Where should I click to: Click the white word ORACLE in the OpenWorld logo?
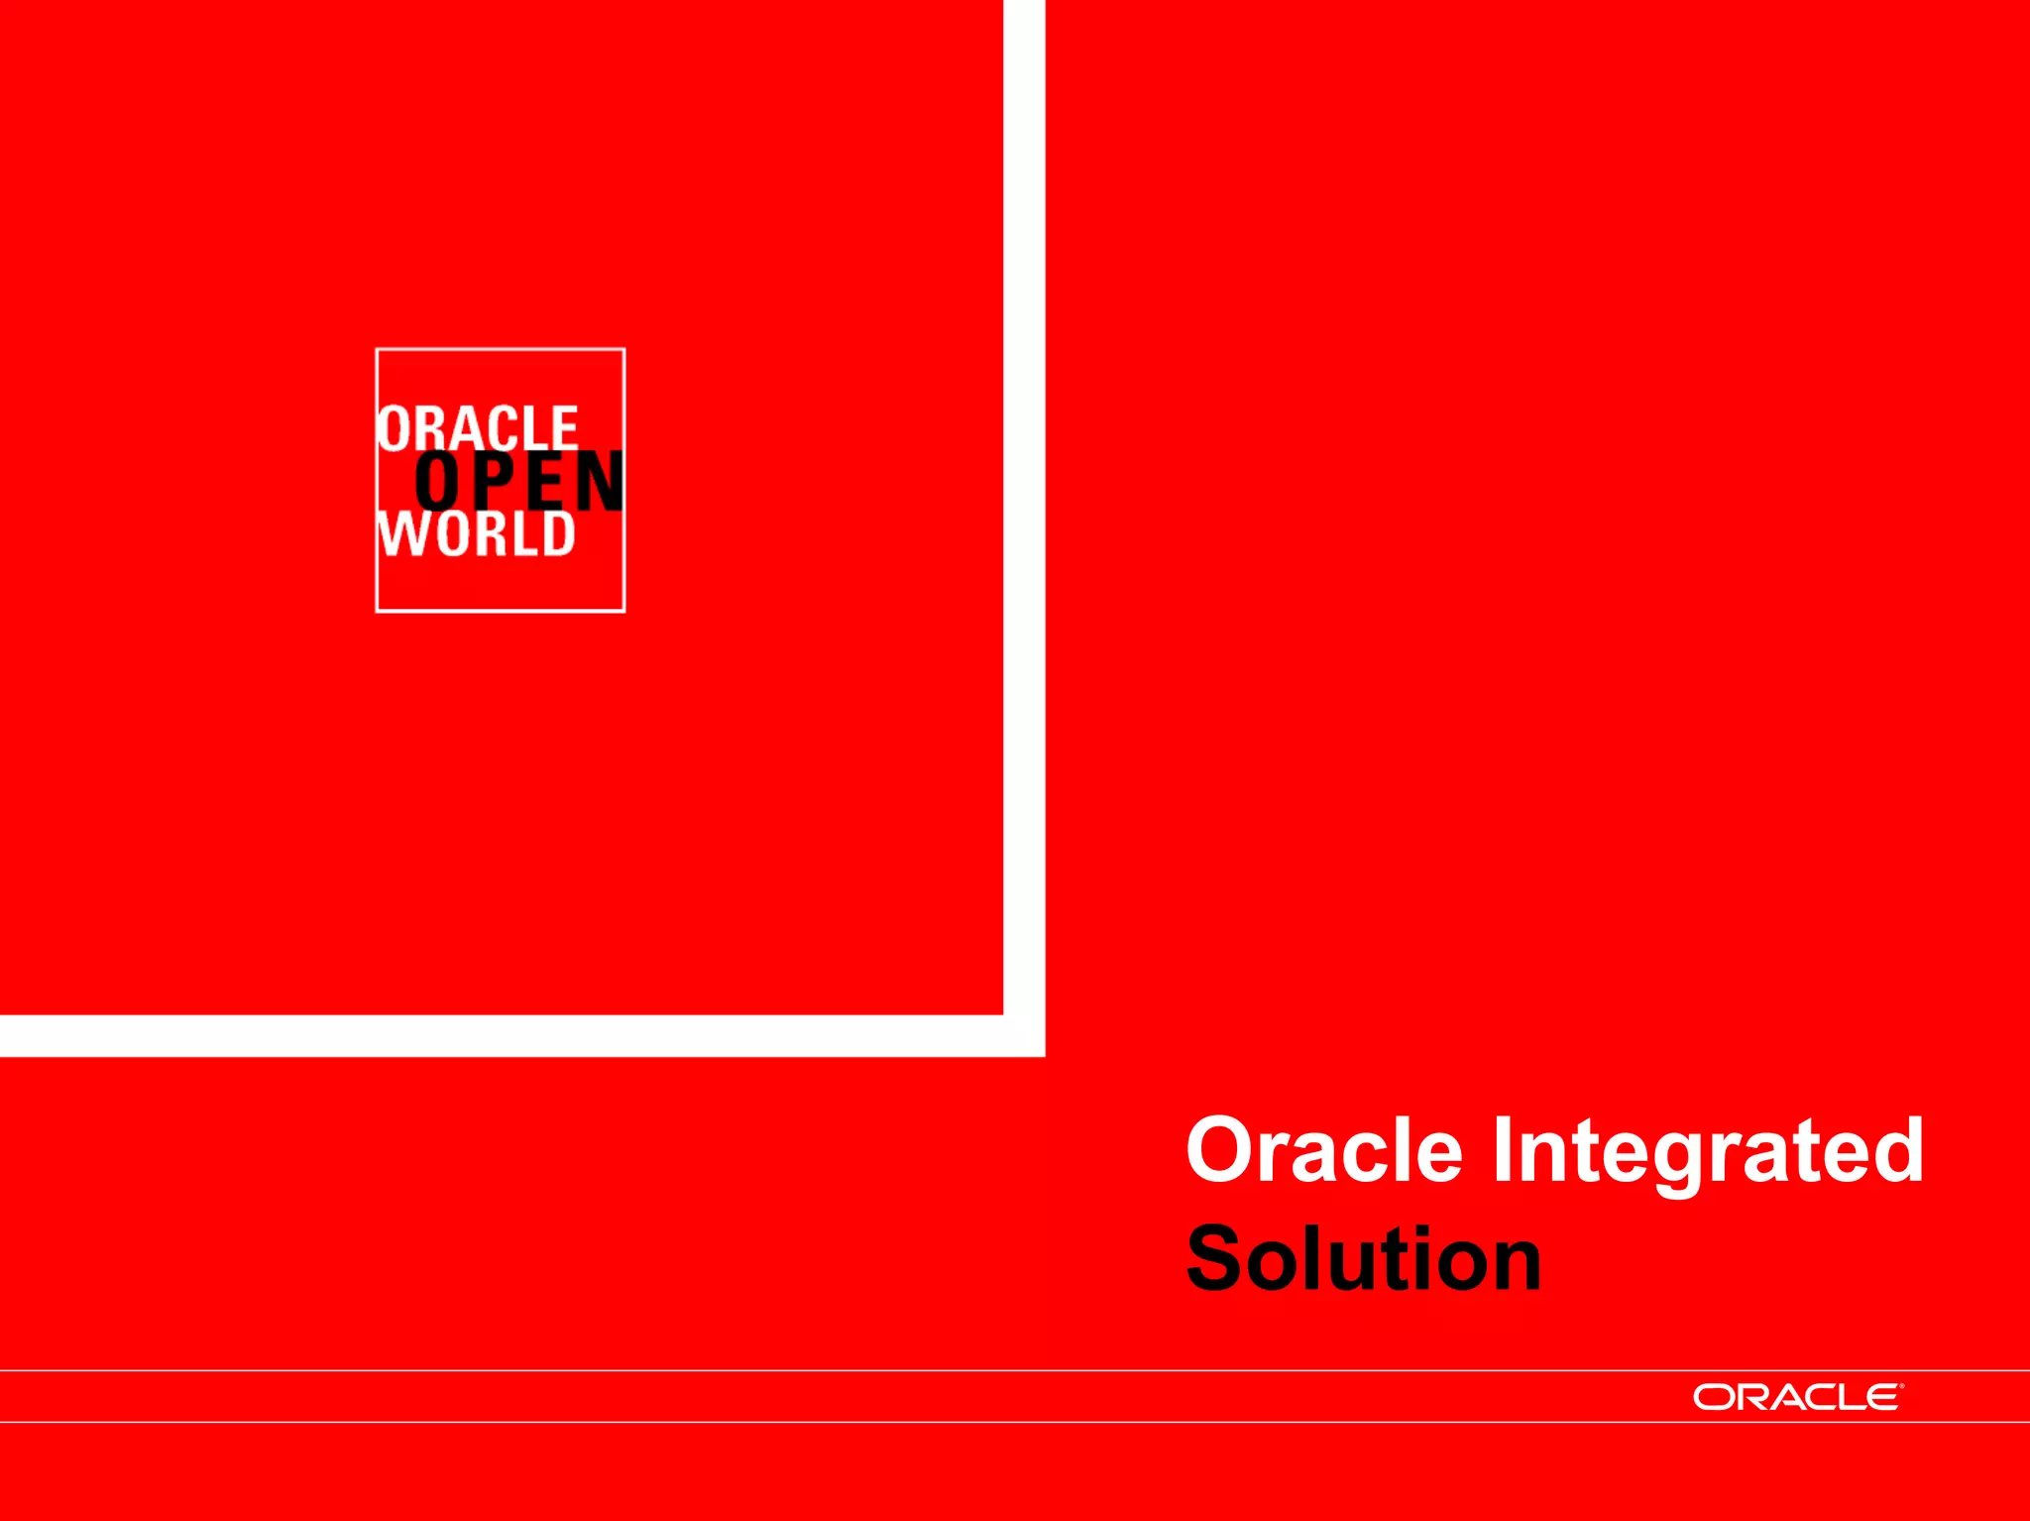click(478, 428)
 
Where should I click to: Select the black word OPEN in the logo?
click(519, 482)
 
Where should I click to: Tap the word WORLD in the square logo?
click(477, 534)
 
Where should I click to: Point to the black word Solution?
click(1364, 1259)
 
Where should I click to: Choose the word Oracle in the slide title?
click(1324, 1150)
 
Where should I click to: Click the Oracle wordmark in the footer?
click(1796, 1397)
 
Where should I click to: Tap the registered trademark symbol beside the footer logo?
click(1901, 1385)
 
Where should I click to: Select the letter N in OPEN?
click(599, 483)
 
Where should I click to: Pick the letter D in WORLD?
click(558, 534)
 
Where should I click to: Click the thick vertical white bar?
click(1024, 496)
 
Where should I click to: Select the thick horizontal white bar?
click(496, 1035)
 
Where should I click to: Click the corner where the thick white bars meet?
click(1024, 1035)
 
